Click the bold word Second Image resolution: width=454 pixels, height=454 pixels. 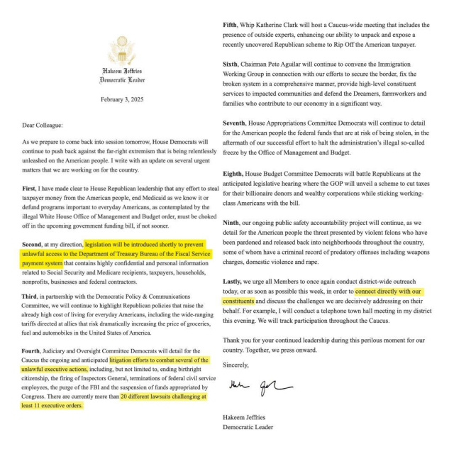pos(36,243)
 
